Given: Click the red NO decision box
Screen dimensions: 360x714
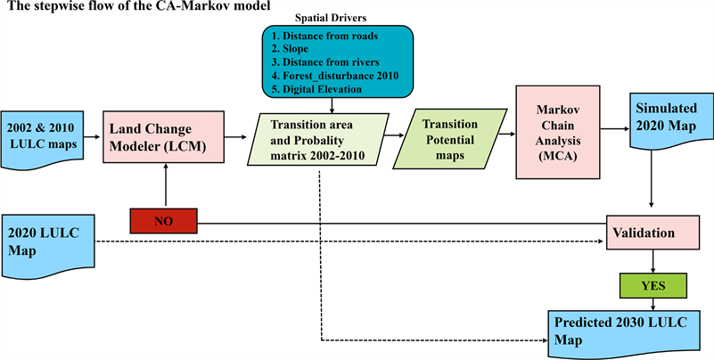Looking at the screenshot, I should coord(163,221).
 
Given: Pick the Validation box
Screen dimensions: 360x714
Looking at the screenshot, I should coord(654,233).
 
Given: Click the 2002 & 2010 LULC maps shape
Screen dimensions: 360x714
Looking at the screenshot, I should coord(48,137).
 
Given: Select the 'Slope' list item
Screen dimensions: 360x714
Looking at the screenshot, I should coord(298,48).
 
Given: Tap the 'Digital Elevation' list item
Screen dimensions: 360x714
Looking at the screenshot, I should coord(322,88).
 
